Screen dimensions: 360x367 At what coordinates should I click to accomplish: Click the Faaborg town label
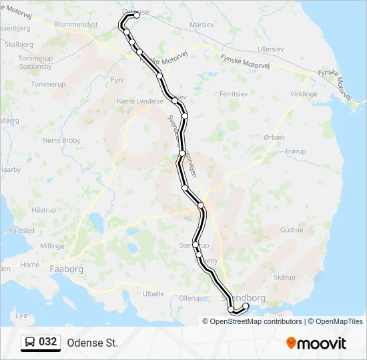(x=67, y=269)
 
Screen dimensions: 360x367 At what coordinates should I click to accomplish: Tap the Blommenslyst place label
(x=76, y=24)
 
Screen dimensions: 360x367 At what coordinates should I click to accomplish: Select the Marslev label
(x=202, y=24)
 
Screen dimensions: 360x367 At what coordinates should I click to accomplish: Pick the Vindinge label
(x=304, y=94)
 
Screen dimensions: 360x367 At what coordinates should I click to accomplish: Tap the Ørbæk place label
(x=274, y=137)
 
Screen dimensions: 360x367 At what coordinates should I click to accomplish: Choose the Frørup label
(x=296, y=151)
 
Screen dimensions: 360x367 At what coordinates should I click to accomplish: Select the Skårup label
(x=284, y=276)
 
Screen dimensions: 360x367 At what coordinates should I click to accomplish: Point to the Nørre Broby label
(x=61, y=141)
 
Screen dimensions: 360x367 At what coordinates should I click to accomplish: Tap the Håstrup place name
(x=44, y=209)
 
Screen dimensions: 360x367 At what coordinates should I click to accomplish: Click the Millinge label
(x=52, y=246)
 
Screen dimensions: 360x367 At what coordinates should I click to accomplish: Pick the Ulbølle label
(x=153, y=293)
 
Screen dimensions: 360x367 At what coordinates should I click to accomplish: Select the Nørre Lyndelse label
(x=139, y=101)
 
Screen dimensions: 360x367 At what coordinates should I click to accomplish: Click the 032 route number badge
(x=48, y=342)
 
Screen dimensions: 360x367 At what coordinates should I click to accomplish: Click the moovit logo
(x=316, y=343)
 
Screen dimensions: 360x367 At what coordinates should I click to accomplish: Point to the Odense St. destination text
(x=92, y=343)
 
